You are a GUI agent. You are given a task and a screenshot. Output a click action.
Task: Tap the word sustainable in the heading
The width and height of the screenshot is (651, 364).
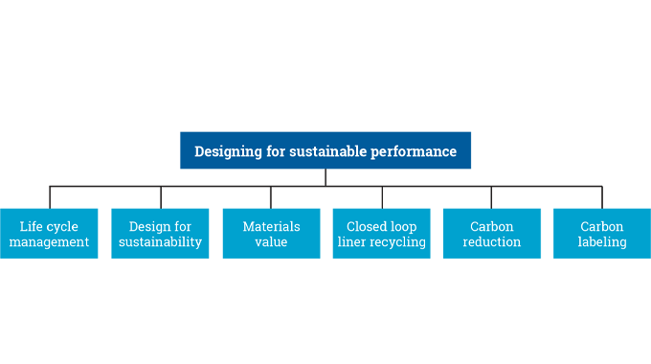coord(325,151)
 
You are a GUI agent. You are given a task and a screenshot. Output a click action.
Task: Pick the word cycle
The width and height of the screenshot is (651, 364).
coord(63,227)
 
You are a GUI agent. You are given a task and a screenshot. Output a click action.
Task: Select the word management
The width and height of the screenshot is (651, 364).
coord(49,242)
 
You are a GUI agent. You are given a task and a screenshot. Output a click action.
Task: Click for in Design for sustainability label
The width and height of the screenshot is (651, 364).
coord(182,227)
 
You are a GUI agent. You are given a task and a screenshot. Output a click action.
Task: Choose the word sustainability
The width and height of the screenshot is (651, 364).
coord(161,242)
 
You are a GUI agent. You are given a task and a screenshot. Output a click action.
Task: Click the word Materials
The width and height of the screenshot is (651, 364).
coord(271,227)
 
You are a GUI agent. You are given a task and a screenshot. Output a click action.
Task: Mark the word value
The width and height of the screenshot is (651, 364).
coord(271,242)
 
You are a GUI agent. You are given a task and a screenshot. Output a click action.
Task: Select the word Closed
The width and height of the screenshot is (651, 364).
coord(368,227)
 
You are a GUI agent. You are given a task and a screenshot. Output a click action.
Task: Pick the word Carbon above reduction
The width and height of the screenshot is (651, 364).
coord(492,227)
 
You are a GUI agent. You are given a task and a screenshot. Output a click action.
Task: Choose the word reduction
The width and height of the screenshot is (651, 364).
coord(492,242)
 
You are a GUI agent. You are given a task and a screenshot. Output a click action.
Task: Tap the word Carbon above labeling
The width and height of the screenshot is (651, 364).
coord(602,227)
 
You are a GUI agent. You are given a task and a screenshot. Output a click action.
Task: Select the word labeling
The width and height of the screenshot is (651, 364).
coord(602,242)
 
